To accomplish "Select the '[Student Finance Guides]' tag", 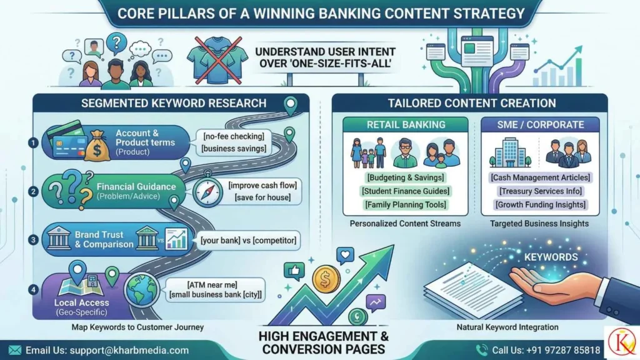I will (x=406, y=191).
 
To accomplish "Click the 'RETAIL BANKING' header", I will (x=405, y=124).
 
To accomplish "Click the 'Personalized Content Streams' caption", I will (x=406, y=223).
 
